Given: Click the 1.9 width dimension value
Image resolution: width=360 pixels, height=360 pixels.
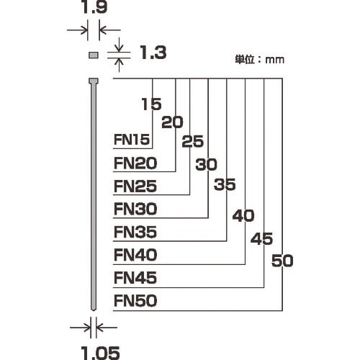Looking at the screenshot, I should pyautogui.click(x=93, y=9).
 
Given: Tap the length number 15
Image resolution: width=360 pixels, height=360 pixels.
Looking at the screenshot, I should pyautogui.click(x=150, y=104).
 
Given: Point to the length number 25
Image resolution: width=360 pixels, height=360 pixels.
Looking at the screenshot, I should pyautogui.click(x=193, y=142).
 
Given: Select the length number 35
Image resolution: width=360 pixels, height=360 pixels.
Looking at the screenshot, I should pyautogui.click(x=225, y=185).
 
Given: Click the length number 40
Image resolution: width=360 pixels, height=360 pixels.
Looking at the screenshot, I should pyautogui.click(x=244, y=215).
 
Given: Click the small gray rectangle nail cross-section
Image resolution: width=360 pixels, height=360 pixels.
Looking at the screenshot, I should pyautogui.click(x=93, y=55).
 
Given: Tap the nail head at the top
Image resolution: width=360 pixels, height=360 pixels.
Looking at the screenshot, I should pyautogui.click(x=93, y=80).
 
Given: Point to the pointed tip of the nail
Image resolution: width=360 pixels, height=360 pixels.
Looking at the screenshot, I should pyautogui.click(x=93, y=310).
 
